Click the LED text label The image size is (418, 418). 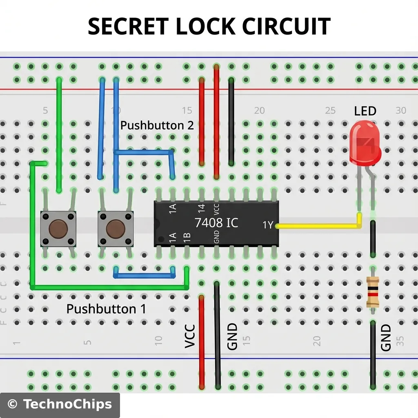pyautogui.click(x=365, y=111)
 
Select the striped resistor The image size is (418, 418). pyautogui.click(x=373, y=291)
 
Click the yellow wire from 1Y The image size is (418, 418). pyautogui.click(x=318, y=225)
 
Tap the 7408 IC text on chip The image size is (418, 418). pyautogui.click(x=216, y=223)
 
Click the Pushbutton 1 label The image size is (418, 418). pyautogui.click(x=106, y=309)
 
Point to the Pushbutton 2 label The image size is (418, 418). pyautogui.click(x=157, y=125)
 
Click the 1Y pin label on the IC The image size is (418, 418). pyautogui.click(x=268, y=225)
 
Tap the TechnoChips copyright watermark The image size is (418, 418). pyautogui.click(x=60, y=405)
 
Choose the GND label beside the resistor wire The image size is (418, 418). pyautogui.click(x=386, y=338)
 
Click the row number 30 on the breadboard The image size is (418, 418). pyautogui.click(x=401, y=111)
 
